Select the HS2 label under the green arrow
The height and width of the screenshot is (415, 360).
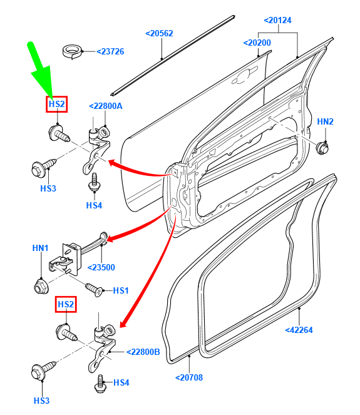point(56,104)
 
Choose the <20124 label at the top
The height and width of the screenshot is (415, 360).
point(278,21)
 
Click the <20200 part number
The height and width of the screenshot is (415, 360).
point(257,43)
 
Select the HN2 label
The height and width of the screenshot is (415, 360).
point(325,121)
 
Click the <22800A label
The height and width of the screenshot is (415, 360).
point(105,106)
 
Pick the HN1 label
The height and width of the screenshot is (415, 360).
point(40,248)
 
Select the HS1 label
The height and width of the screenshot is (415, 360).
point(120,291)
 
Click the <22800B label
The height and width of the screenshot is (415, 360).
point(143,352)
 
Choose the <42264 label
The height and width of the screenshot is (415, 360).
point(299,330)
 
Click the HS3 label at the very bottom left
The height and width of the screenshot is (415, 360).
point(41,401)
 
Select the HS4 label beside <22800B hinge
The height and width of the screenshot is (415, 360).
point(121,382)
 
